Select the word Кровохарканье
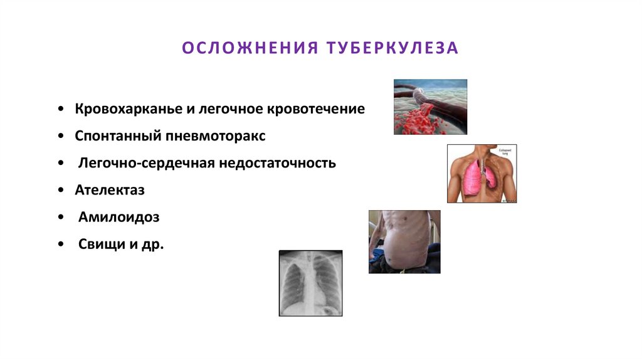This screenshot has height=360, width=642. click(128, 109)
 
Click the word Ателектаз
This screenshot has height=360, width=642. click(110, 190)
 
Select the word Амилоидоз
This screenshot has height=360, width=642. click(119, 218)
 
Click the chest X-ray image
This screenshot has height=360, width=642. click(311, 283)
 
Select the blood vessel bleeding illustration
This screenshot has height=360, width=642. click(430, 107)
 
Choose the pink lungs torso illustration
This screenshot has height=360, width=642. click(481, 174)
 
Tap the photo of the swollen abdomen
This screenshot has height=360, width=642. click(404, 241)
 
